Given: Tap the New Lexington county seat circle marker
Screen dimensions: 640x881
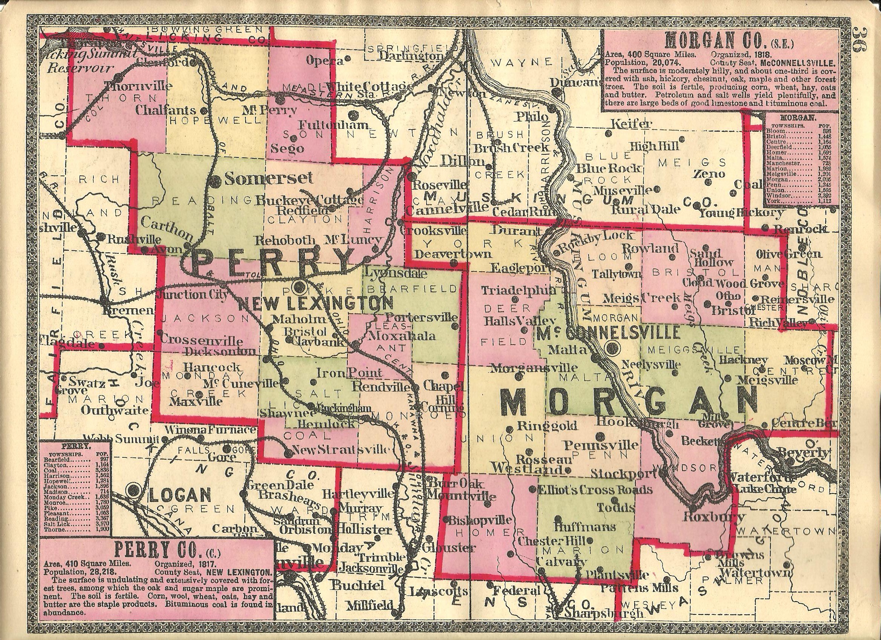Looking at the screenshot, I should (x=300, y=287).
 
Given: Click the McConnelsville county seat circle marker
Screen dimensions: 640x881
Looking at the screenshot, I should (x=613, y=347).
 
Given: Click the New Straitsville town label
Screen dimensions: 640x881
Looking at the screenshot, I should (x=340, y=450).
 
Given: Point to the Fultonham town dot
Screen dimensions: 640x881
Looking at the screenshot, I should (x=353, y=115).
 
